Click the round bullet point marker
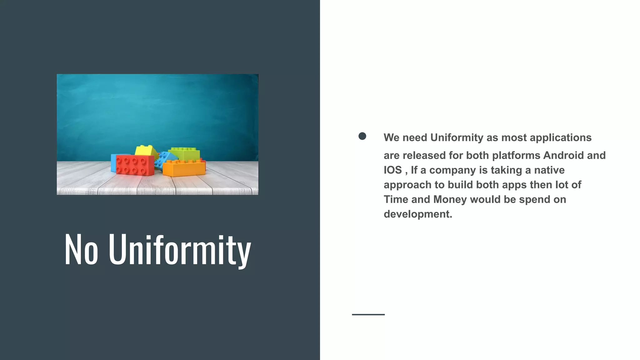[362, 136]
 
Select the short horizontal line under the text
[368, 314]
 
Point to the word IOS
[392, 170]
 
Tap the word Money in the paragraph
[450, 199]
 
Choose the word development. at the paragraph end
[418, 214]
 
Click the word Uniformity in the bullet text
[457, 137]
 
